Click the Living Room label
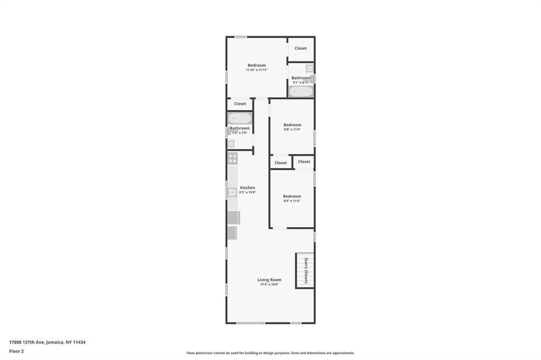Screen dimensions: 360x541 point(269,280)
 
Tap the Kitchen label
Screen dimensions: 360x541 point(247,188)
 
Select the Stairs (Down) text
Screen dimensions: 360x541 point(306,271)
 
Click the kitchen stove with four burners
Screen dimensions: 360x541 point(232,158)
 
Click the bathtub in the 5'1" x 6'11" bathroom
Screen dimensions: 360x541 point(301,92)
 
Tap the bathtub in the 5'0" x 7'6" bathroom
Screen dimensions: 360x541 point(239,118)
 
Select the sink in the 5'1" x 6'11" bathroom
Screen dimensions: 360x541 point(310,68)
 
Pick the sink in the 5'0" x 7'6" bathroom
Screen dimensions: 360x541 point(231,144)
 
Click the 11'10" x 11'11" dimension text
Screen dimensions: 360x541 point(257,70)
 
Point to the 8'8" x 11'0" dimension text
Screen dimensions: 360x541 point(292,130)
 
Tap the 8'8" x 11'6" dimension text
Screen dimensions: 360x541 point(292,201)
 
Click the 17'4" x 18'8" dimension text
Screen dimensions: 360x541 point(269,285)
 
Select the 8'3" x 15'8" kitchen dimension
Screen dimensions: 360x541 point(247,193)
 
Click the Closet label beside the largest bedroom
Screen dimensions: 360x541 point(301,49)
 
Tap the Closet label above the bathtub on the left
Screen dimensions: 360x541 point(240,104)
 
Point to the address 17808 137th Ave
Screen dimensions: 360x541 point(48,342)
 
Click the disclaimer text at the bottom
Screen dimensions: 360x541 point(270,353)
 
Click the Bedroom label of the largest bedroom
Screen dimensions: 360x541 point(257,65)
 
